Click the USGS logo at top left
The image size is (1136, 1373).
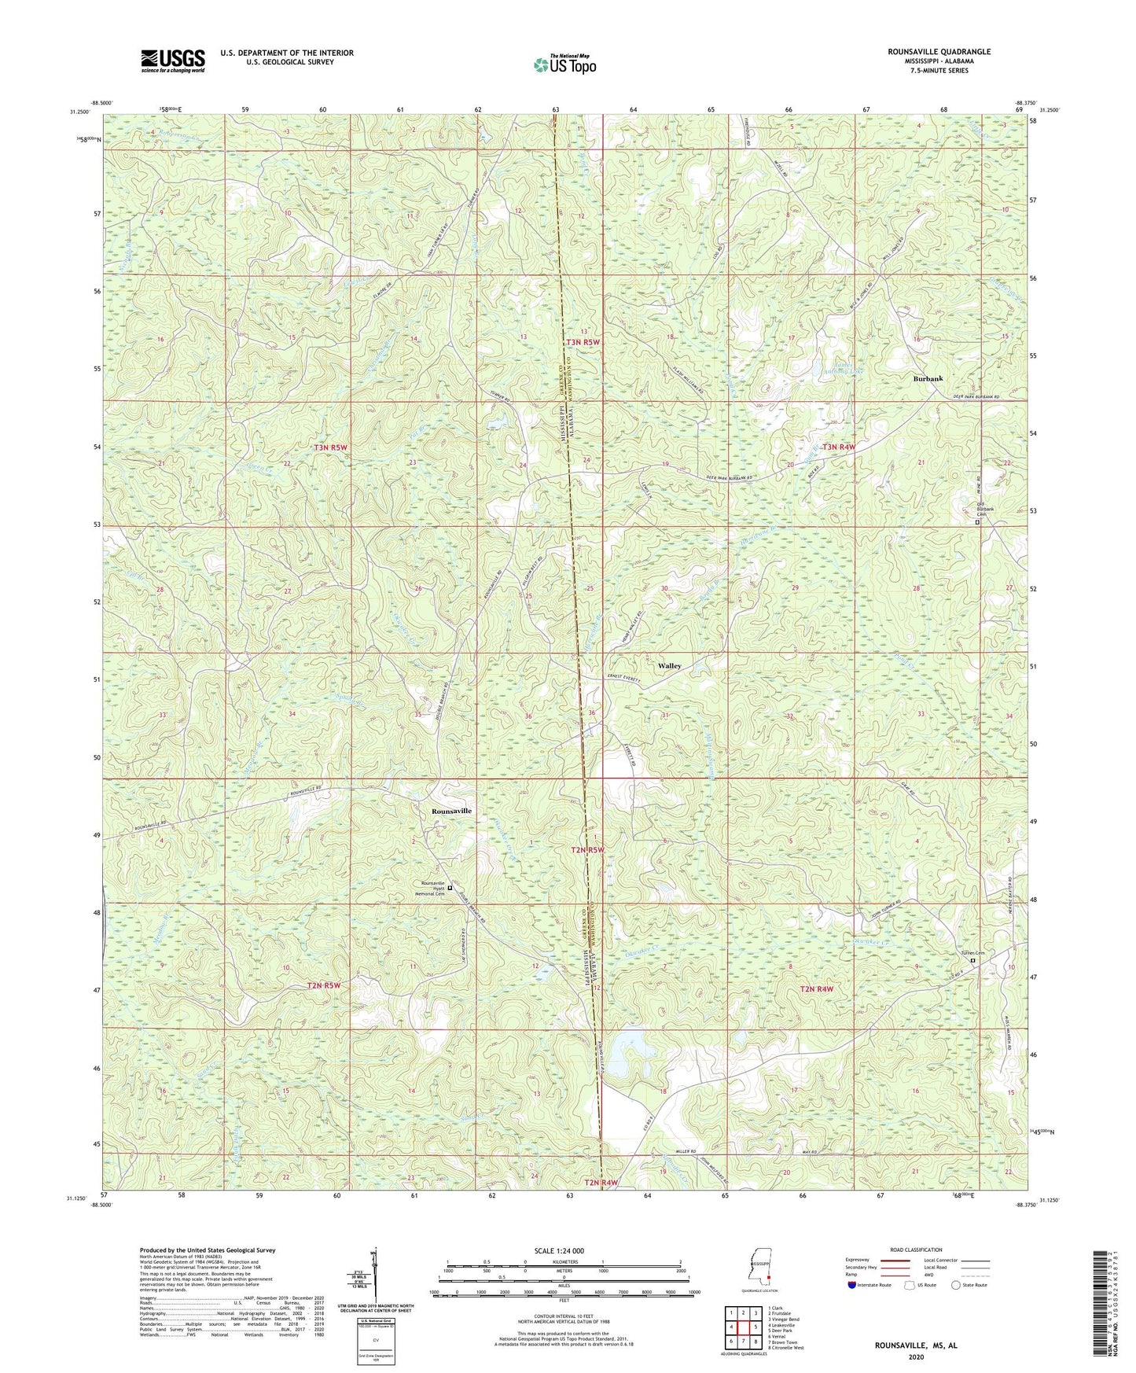(x=173, y=60)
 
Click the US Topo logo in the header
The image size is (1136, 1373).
(x=564, y=64)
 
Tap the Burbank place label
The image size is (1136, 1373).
(x=928, y=378)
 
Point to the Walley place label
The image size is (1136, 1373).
(x=670, y=665)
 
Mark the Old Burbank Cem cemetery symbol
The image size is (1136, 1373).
(x=977, y=522)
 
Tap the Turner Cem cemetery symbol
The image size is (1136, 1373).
(x=972, y=960)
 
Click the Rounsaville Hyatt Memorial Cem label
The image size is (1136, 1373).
(x=425, y=888)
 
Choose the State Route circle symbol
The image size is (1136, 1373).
(x=955, y=1285)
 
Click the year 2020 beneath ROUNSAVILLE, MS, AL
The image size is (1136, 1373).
(x=916, y=1356)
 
